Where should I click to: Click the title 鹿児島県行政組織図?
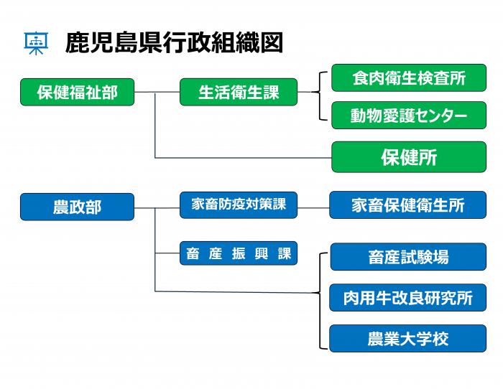click(x=173, y=42)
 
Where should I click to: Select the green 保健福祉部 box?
click(x=77, y=92)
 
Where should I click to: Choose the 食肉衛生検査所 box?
click(x=408, y=78)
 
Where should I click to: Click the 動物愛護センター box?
click(x=408, y=116)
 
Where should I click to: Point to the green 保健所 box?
click(x=408, y=157)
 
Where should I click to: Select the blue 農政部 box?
click(x=77, y=207)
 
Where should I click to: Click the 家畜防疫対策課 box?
click(x=238, y=205)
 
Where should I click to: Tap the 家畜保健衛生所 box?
click(x=407, y=205)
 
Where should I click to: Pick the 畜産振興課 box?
click(x=238, y=253)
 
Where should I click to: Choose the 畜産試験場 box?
click(x=407, y=257)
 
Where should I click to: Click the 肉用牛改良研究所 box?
click(x=407, y=298)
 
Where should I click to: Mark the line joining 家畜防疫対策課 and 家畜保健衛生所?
click(x=313, y=207)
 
